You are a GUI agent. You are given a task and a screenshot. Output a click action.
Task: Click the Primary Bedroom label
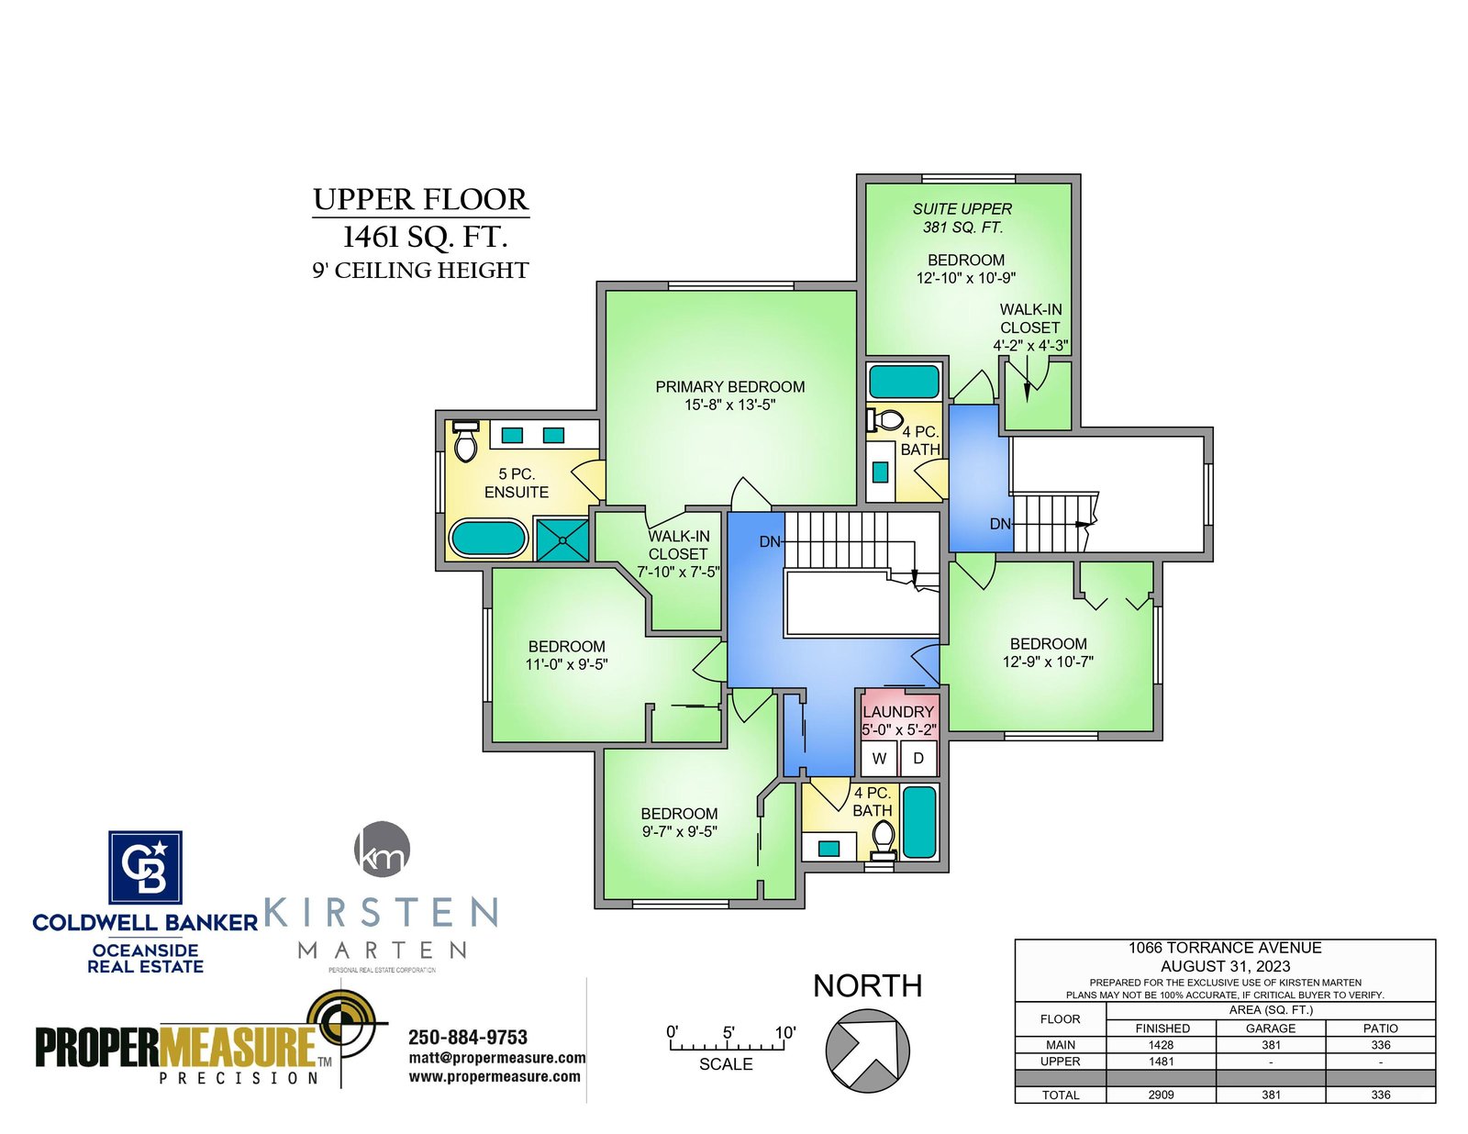[729, 387]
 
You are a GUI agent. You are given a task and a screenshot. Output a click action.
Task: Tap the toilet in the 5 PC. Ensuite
[465, 441]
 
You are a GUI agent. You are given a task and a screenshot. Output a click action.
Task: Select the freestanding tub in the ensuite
[488, 539]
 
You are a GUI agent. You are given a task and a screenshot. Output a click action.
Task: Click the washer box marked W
[878, 758]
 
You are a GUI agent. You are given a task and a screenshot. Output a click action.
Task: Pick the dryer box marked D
[918, 758]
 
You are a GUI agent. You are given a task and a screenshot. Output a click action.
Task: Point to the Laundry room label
[898, 712]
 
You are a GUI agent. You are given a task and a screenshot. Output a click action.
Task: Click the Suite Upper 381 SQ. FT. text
[962, 218]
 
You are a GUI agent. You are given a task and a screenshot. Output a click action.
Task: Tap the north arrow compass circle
[867, 1051]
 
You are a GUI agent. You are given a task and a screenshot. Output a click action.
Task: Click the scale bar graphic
[727, 1044]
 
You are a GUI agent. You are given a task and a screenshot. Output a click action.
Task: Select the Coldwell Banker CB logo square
[145, 867]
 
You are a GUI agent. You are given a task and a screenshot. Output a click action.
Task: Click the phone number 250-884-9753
[468, 1038]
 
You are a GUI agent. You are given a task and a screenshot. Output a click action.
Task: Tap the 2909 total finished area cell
[1161, 1095]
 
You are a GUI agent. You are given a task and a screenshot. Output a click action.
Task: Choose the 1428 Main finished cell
[1162, 1045]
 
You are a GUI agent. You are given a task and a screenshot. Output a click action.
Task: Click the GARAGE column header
[1270, 1028]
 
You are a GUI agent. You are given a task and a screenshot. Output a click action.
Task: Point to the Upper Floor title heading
[420, 200]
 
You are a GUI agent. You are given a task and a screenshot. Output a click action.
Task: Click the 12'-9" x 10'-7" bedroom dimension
[1048, 661]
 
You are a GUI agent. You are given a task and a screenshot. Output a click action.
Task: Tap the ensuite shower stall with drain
[562, 539]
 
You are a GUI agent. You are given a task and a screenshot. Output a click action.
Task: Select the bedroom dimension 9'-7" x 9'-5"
[679, 831]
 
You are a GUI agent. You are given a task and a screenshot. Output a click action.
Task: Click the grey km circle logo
[383, 849]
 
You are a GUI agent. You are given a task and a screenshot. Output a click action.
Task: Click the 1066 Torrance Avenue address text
[1225, 948]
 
